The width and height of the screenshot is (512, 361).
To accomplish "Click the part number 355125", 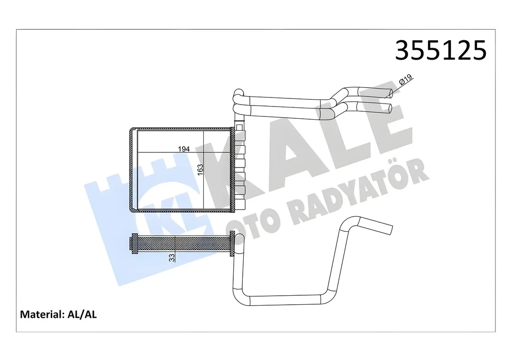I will click(440, 50).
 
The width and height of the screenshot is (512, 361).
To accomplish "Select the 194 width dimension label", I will click(183, 149).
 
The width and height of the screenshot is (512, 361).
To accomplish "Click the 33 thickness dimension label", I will click(172, 257).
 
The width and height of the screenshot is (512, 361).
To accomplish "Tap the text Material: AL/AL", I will click(58, 314).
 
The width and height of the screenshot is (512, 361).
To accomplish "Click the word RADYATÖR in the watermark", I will click(361, 189).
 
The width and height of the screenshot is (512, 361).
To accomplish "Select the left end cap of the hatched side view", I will click(133, 245).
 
